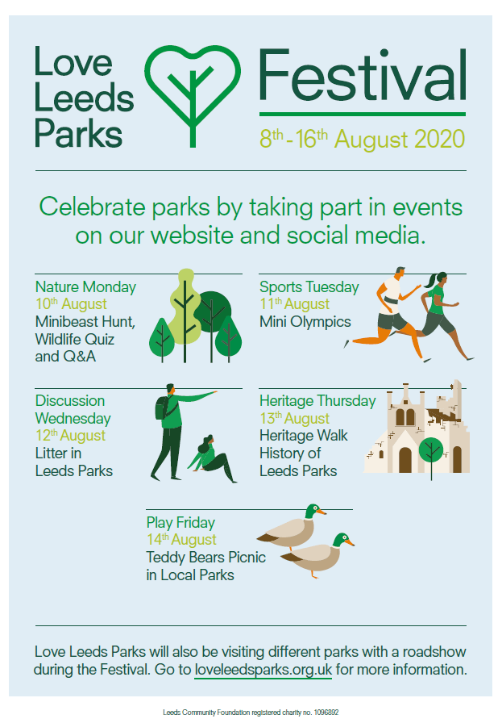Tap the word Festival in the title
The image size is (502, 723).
coord(363,75)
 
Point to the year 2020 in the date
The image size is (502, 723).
coord(439,140)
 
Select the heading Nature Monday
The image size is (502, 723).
coord(85,286)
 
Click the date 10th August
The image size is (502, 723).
coord(71,304)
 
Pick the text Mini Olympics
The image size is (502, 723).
coord(305,322)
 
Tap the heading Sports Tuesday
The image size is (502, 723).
coord(309,286)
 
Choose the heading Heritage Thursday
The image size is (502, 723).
coord(317,401)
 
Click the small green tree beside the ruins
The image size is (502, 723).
coord(431,452)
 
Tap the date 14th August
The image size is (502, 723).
coord(181,540)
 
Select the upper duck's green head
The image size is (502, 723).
coord(313,510)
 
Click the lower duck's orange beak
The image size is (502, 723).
coord(350,543)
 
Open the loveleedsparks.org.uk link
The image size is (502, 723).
coord(263,670)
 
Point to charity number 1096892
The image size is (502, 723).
coord(326,713)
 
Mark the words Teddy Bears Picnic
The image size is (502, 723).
coord(205,558)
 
